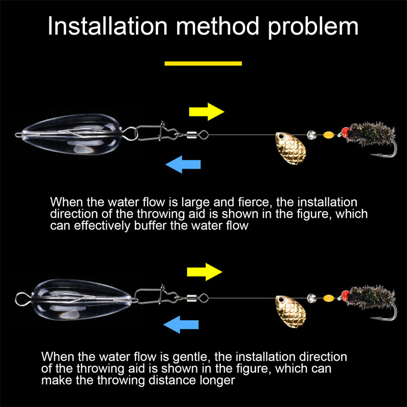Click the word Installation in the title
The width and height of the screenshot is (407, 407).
[x=107, y=26]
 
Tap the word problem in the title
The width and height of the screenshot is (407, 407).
[x=313, y=27]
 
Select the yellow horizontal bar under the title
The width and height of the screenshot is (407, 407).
[x=203, y=63]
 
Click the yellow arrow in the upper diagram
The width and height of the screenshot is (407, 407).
[x=207, y=111]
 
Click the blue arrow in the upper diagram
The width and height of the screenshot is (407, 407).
[x=183, y=164]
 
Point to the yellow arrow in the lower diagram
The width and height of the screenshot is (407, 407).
[x=205, y=272]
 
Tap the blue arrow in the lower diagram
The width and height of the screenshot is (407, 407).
[x=181, y=325]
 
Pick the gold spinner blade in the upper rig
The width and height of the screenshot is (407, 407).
[x=290, y=148]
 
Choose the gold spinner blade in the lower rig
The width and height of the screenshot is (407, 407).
[x=290, y=311]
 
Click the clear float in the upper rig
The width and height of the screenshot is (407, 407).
[x=72, y=134]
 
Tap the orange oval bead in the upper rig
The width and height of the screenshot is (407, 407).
[x=329, y=134]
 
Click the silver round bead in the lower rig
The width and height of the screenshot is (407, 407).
[x=312, y=298]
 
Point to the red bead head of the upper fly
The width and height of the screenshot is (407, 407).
[x=346, y=132]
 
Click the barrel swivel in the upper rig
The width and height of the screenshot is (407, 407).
[x=191, y=135]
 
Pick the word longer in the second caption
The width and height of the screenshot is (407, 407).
[x=217, y=381]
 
